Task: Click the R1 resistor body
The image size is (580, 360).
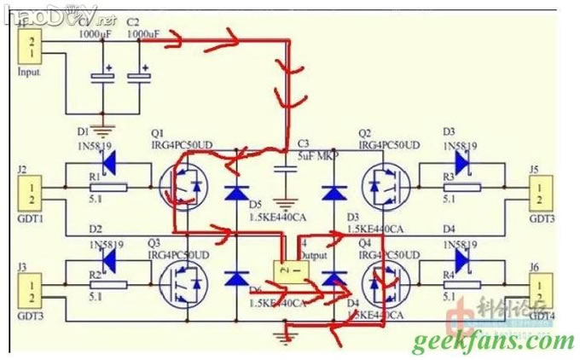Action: (108, 187)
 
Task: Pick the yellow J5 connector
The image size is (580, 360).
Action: (539, 193)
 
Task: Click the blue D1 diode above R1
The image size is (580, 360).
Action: (108, 158)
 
